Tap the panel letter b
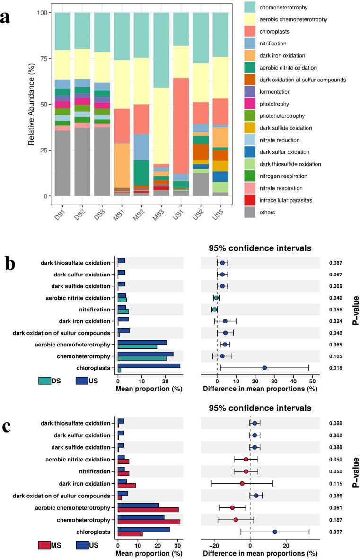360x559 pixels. pos(11,264)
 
